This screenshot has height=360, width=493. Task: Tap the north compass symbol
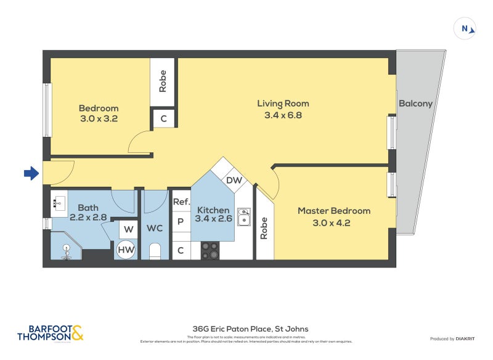[x=465, y=28]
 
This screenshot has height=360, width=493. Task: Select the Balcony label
[x=415, y=104]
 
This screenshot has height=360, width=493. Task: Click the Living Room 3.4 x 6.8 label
[x=283, y=109]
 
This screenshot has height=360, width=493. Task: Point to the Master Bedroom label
[x=334, y=216]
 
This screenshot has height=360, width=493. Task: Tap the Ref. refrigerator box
[x=181, y=202]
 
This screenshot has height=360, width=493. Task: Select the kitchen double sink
[x=244, y=216]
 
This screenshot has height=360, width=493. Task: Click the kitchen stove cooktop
[x=210, y=250]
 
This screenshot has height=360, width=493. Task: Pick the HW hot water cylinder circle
[x=126, y=250]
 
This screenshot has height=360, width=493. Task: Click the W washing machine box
[x=128, y=229]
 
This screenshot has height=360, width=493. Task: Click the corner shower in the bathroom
[x=67, y=247]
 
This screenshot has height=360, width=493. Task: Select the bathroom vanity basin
[x=59, y=201]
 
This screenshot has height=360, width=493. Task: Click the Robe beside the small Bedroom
[x=163, y=82]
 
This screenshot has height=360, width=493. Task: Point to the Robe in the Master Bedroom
[x=264, y=228]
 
